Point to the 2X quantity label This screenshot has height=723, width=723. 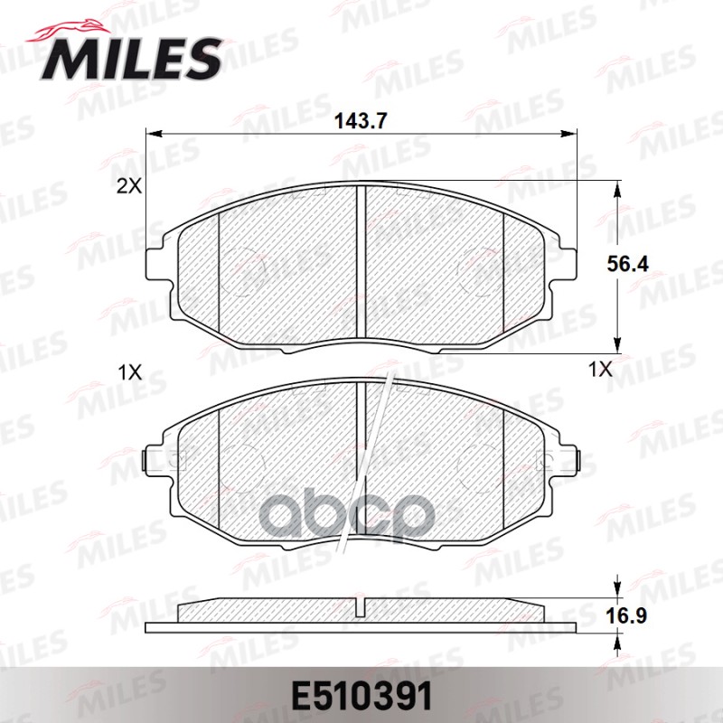point(128,187)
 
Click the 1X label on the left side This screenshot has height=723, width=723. point(129,371)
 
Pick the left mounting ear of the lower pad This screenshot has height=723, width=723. point(156,459)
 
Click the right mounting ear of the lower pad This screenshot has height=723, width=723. point(567,459)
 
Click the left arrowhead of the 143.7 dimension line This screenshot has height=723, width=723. point(152,134)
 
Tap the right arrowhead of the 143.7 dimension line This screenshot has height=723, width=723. point(571,134)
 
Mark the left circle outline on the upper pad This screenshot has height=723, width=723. point(242,271)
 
